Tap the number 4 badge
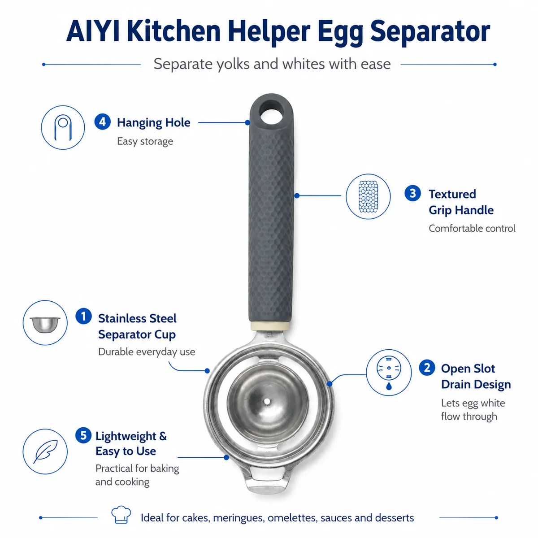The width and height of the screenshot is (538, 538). [x=103, y=122]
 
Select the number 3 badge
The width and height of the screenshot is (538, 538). [x=412, y=193]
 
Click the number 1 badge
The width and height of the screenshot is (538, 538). [x=83, y=317]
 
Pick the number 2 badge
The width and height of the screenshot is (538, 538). [x=427, y=368]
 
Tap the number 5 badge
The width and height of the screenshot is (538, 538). [x=83, y=435]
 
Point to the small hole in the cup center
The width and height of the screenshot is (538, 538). [x=267, y=401]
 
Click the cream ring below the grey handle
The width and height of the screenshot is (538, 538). [x=270, y=326]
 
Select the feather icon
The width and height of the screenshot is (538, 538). [x=46, y=452]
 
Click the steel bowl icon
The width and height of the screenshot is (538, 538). [x=45, y=325]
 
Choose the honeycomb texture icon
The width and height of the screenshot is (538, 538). [x=368, y=196]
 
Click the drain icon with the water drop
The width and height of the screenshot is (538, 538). [x=389, y=372]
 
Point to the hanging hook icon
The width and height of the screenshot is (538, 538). [x=63, y=127]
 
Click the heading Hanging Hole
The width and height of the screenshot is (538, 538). [x=154, y=122]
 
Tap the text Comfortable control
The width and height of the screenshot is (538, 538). [x=472, y=228]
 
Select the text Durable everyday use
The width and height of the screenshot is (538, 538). [x=147, y=352]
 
